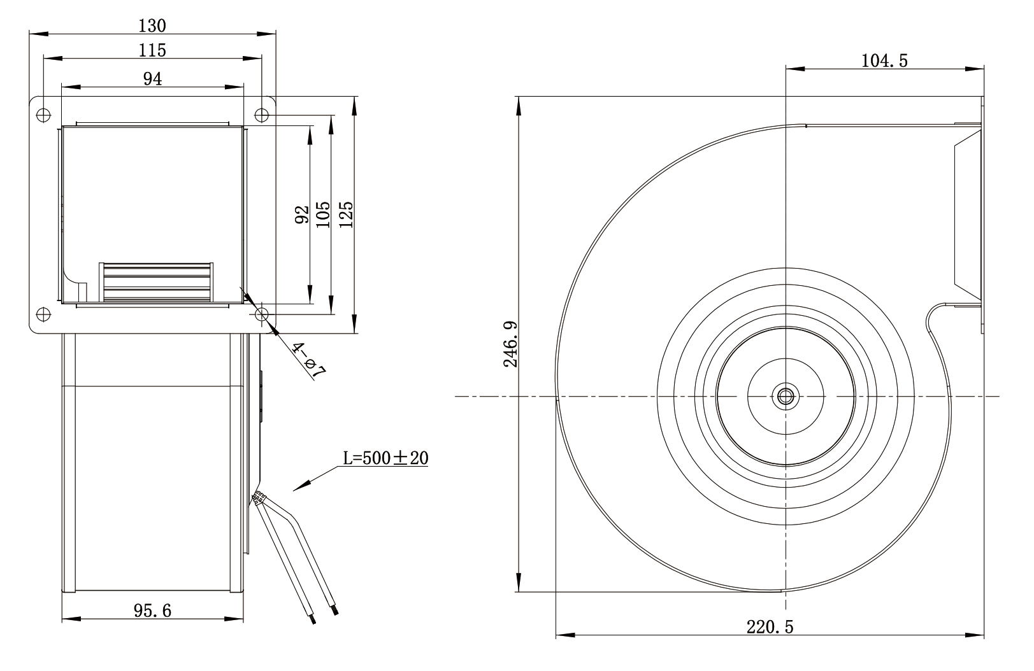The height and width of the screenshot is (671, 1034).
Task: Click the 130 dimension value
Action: click(152, 26)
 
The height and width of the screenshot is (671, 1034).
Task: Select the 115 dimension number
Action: click(152, 50)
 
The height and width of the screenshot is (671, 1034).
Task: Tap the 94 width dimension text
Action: click(152, 79)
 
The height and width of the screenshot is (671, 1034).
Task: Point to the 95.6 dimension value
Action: click(152, 611)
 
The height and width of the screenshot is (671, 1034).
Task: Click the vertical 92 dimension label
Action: click(302, 215)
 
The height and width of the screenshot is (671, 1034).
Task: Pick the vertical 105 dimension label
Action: click(323, 215)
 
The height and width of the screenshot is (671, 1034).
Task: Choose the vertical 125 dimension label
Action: click(346, 215)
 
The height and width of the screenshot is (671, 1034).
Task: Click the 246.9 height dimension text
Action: click(510, 344)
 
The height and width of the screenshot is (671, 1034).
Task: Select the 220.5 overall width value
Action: click(770, 626)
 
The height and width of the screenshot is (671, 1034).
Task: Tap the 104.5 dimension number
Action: click(884, 60)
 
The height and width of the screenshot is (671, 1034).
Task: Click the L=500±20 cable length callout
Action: click(385, 458)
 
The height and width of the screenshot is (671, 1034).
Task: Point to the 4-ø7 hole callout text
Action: click(308, 360)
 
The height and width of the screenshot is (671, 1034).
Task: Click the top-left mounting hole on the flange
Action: click(43, 114)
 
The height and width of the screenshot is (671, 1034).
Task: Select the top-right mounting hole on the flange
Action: click(262, 114)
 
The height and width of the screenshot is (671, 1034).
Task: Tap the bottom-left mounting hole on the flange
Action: click(43, 314)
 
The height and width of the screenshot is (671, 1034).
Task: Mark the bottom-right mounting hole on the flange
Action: click(262, 314)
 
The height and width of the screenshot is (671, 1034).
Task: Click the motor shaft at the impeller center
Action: click(786, 396)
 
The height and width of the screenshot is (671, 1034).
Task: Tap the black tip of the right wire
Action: click(334, 610)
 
